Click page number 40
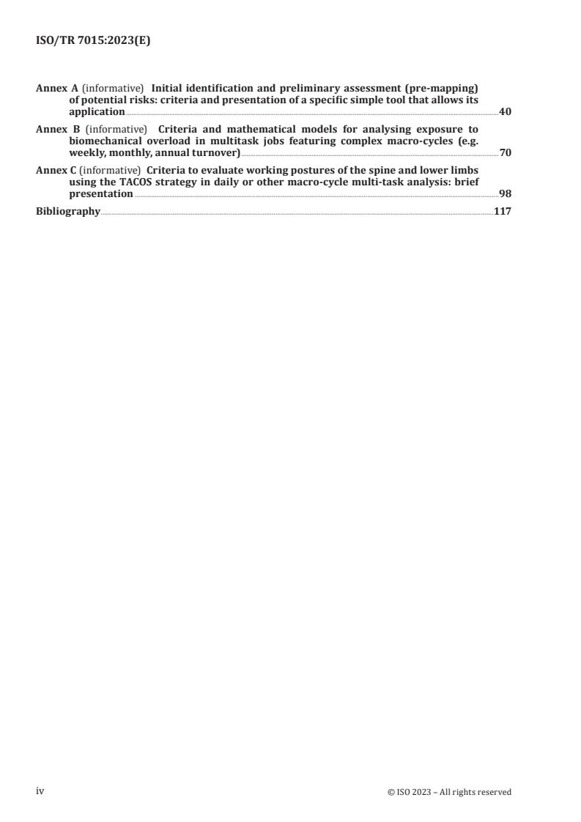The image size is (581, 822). tap(505, 112)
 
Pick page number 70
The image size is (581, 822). tap(505, 153)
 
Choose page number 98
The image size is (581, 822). tap(505, 194)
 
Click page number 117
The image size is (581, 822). tap(502, 211)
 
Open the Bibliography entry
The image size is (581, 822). tap(68, 211)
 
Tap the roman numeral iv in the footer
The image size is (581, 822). tap(40, 791)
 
